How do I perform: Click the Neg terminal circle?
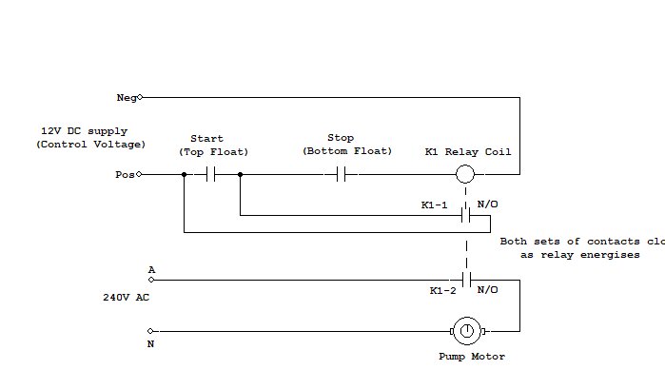point(140,97)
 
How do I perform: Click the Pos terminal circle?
point(140,175)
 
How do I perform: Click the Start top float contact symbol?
point(211,175)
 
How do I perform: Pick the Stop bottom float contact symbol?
point(342,175)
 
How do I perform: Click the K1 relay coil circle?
point(465,175)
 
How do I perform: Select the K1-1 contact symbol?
point(465,215)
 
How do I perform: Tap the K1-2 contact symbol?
point(465,280)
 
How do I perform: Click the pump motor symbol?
point(466,331)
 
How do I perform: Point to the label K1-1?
point(434,204)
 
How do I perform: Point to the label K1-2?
point(442,290)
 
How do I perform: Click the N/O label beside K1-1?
point(487,204)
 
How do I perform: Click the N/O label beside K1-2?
point(487,290)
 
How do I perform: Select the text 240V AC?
point(127,297)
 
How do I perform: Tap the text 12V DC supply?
point(84,131)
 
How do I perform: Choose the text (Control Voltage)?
point(91,145)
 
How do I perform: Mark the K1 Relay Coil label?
point(467,152)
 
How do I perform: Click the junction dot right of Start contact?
point(240,175)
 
